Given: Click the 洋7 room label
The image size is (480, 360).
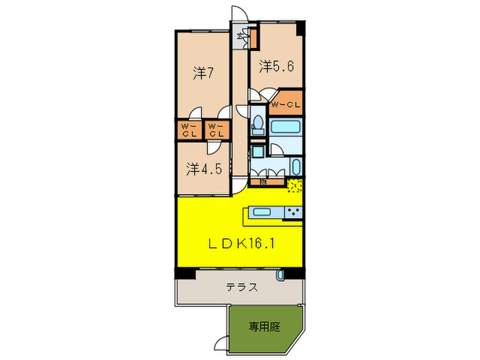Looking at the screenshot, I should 200,73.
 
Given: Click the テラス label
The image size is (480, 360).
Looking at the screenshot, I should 242,287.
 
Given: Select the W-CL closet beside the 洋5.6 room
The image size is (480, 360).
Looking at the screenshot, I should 285,105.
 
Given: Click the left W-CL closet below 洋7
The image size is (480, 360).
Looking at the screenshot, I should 189,130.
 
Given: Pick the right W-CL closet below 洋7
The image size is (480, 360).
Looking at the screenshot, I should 216,130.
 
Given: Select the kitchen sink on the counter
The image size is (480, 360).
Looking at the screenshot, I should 263,212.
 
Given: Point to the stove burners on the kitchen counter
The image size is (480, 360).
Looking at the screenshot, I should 293,212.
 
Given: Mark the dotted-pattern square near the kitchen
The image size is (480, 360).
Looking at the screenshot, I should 295,184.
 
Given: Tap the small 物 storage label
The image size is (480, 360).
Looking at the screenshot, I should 262,182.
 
